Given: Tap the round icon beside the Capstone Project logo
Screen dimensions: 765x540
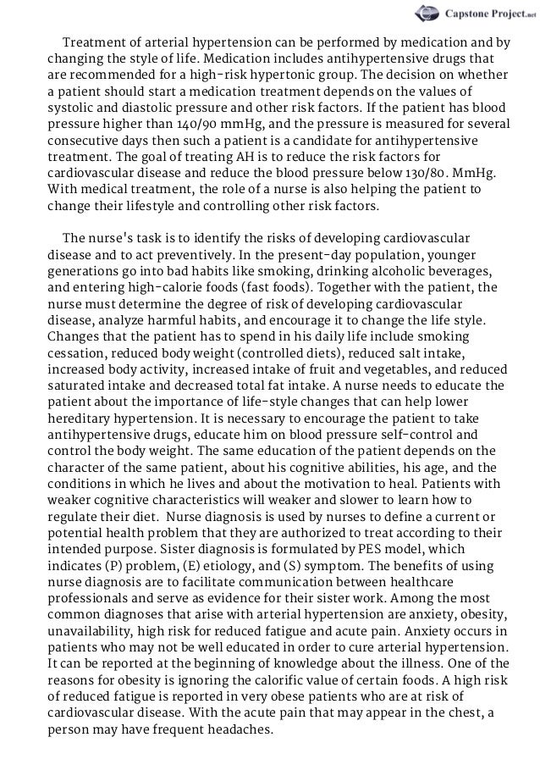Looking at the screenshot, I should click(x=425, y=14).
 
